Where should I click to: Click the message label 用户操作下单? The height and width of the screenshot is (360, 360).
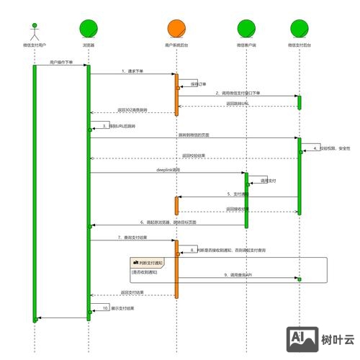61,63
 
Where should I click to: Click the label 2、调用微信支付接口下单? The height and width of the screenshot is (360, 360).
237,93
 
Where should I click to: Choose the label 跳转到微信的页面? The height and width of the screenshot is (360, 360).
194,135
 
